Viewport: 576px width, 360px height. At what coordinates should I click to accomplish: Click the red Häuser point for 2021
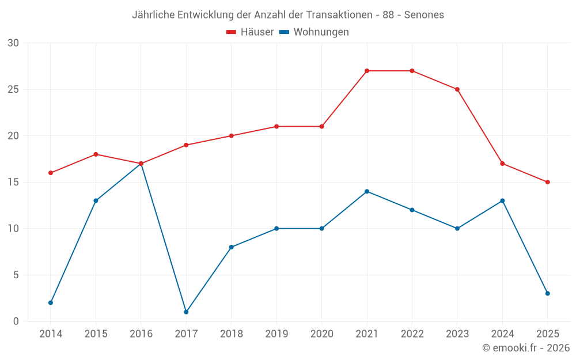click(x=367, y=71)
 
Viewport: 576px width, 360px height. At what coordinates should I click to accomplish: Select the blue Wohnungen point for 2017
click(x=186, y=312)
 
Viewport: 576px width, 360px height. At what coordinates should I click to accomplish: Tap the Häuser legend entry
click(x=250, y=32)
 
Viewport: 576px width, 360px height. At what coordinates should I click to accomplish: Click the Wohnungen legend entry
click(x=314, y=32)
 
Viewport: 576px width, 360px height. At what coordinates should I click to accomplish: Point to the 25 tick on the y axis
click(x=13, y=89)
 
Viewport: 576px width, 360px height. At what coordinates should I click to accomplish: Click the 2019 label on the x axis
click(x=276, y=334)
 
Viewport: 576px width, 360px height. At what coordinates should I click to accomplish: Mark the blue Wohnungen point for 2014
click(x=51, y=302)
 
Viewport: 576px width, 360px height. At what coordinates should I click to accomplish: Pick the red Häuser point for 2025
click(x=548, y=182)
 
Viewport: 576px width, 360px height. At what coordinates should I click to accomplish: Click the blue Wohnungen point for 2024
click(x=502, y=200)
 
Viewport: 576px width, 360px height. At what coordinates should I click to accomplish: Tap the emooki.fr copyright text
click(x=525, y=348)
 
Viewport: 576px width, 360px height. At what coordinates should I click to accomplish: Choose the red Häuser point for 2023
click(x=457, y=89)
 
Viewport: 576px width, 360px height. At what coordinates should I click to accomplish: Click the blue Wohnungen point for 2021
click(x=367, y=191)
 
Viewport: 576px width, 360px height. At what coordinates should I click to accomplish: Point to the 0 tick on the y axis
click(x=16, y=321)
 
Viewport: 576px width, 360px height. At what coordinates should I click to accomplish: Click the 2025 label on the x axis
click(x=548, y=334)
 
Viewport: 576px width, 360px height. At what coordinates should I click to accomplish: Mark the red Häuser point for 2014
click(x=51, y=173)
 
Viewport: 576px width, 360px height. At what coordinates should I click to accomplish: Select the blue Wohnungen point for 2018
click(x=232, y=247)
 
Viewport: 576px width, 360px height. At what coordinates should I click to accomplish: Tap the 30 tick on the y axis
click(x=13, y=43)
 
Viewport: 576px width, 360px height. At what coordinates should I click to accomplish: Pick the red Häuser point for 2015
click(x=96, y=154)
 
